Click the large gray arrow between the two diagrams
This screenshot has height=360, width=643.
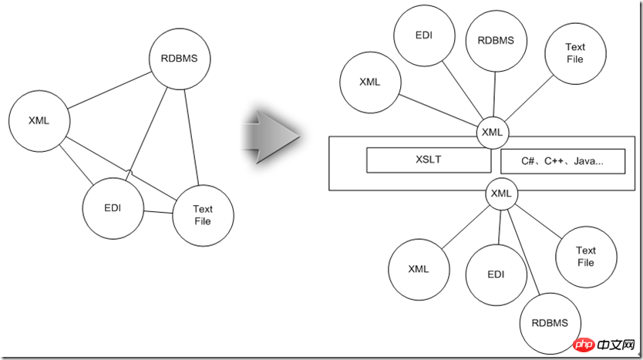click(271, 136)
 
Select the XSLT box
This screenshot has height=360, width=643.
click(429, 160)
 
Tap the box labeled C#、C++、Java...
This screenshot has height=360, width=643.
click(563, 161)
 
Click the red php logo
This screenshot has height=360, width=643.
click(584, 345)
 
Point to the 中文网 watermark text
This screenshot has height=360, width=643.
click(616, 345)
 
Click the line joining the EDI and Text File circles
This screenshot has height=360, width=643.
click(158, 212)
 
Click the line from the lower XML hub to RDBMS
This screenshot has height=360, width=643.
click(523, 252)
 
